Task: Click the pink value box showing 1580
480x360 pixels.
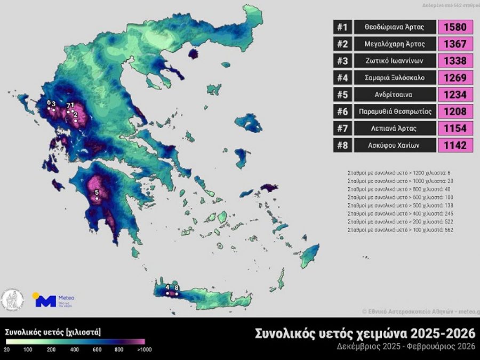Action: (455, 27)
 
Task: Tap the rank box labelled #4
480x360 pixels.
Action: (342, 78)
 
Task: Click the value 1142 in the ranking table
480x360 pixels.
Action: (455, 145)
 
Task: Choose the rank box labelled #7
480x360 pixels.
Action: (342, 128)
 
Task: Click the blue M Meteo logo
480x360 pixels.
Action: (45, 301)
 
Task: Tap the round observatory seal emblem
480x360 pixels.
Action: (12, 300)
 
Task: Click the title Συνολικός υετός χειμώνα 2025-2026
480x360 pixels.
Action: (365, 334)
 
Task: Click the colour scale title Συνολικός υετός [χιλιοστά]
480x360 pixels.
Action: (53, 332)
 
